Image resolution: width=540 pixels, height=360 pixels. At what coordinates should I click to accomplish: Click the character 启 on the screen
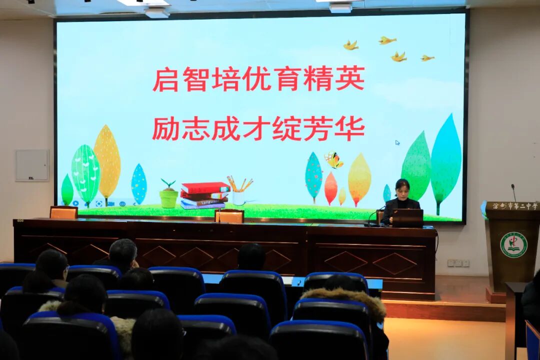click(165, 79)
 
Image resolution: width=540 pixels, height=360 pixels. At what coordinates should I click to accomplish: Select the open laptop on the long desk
click(407, 218)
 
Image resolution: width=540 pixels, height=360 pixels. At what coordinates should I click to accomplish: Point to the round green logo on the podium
click(513, 244)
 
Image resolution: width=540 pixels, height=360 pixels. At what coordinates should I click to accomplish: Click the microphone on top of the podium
click(513, 192)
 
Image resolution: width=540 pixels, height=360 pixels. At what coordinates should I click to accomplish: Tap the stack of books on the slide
click(204, 195)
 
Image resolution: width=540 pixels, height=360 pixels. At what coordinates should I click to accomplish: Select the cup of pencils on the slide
click(239, 191)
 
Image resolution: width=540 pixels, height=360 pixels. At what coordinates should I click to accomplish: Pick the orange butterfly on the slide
click(333, 160)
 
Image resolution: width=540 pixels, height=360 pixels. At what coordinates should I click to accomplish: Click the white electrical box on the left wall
click(32, 165)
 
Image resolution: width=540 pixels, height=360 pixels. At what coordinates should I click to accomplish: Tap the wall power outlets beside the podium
click(458, 263)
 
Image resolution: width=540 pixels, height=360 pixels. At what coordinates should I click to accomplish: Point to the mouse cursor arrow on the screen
click(397, 142)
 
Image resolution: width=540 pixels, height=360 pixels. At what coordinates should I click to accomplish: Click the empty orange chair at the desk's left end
click(63, 212)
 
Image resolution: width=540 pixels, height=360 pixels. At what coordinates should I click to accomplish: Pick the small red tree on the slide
click(330, 188)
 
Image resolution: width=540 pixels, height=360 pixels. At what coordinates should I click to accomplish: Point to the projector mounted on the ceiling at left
click(157, 12)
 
